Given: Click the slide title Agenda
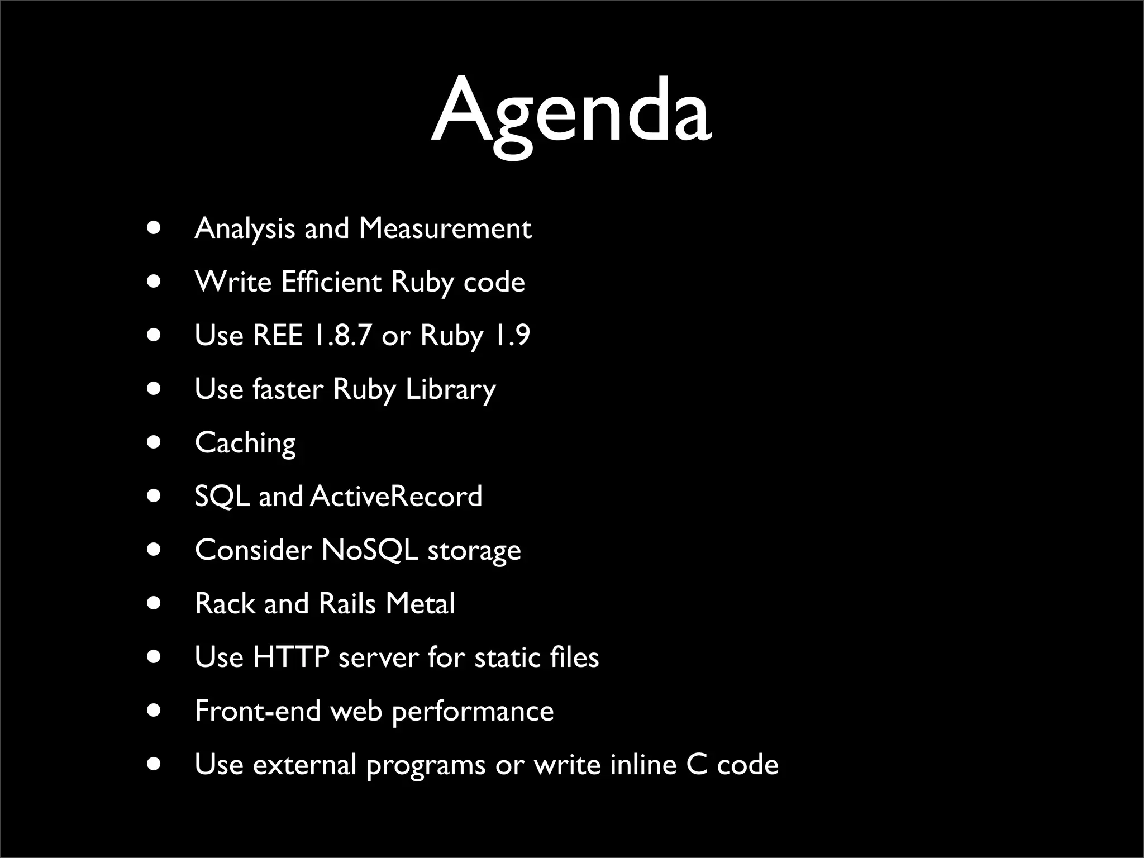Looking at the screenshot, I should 571,112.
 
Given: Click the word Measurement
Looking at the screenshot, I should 445,228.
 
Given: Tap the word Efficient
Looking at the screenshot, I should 331,282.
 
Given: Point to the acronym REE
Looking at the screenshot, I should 278,335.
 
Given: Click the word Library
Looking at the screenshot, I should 450,389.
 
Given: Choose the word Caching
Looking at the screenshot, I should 245,443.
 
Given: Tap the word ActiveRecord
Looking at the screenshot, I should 395,496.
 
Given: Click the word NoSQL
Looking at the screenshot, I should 369,550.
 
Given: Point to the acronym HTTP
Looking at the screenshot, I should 290,657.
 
